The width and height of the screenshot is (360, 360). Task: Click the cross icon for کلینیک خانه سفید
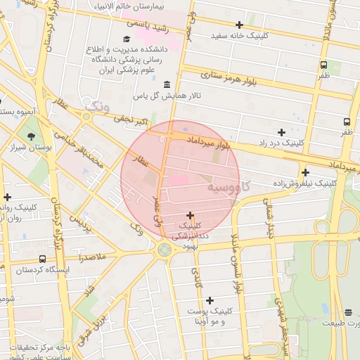pyautogui.click(x=239, y=25)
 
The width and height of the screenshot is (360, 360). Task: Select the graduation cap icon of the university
pyautogui.click(x=126, y=39)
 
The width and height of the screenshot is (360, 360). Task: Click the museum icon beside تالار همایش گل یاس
pyautogui.click(x=167, y=85)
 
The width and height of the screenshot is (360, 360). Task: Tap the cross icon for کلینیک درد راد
pyautogui.click(x=281, y=131)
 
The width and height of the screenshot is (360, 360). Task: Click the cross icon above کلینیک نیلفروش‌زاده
pyautogui.click(x=305, y=172)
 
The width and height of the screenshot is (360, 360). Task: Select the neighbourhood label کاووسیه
pyautogui.click(x=229, y=188)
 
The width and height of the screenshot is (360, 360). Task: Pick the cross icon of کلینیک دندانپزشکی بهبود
pyautogui.click(x=190, y=215)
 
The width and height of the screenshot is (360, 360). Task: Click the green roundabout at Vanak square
pyautogui.click(x=165, y=249)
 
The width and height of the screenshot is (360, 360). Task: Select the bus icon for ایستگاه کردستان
pyautogui.click(x=43, y=259)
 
